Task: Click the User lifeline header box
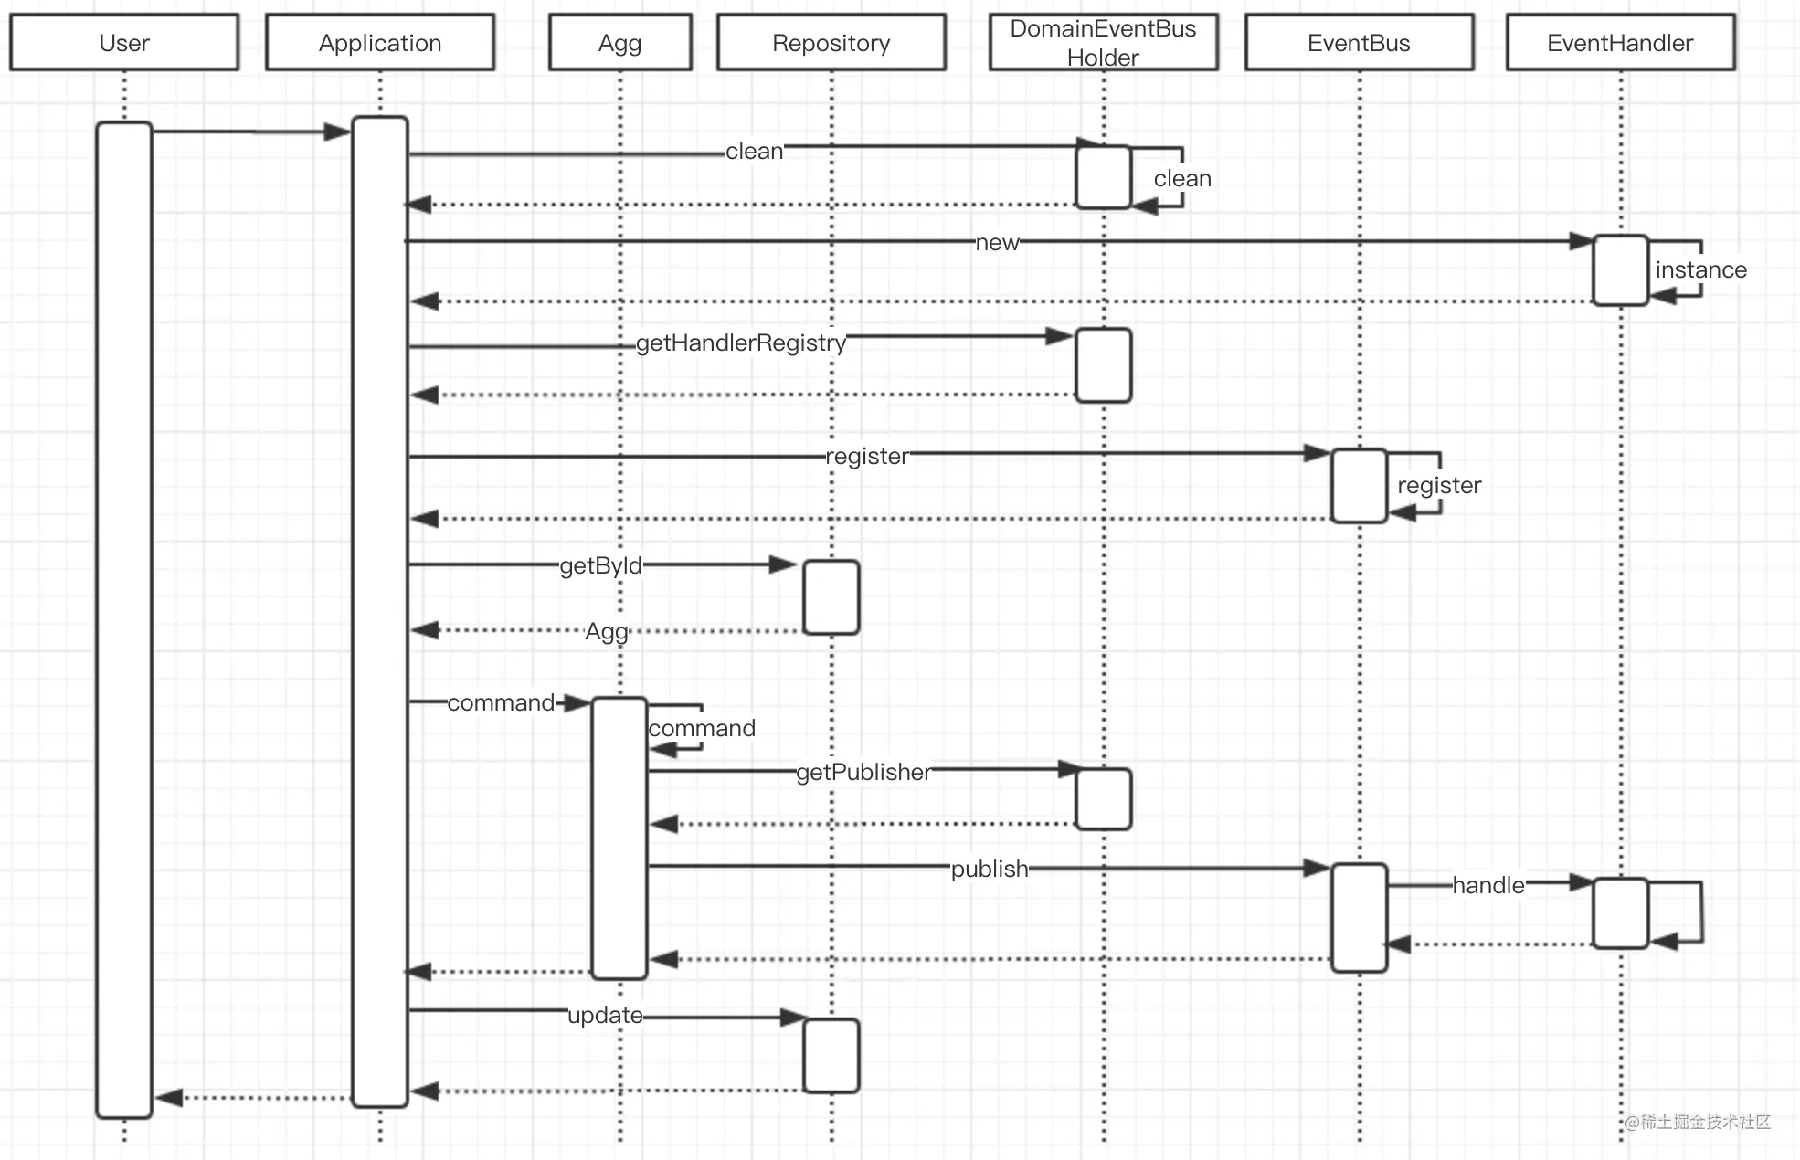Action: [x=124, y=42]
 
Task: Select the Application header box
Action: [x=380, y=42]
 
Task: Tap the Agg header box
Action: [x=620, y=42]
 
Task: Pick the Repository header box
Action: [x=831, y=42]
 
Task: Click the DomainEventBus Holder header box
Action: [x=1104, y=42]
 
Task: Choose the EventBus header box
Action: [x=1360, y=42]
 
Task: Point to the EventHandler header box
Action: [x=1621, y=42]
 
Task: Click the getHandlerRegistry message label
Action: [x=741, y=343]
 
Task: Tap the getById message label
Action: [x=600, y=565]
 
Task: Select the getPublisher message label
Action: [x=863, y=772]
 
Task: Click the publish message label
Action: [x=990, y=869]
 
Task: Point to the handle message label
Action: [x=1488, y=885]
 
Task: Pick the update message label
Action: [x=605, y=1015]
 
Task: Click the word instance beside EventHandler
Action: [x=1701, y=269]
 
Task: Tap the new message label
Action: [x=997, y=242]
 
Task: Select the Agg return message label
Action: [x=607, y=631]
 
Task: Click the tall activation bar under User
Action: [x=124, y=619]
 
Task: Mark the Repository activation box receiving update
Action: [x=831, y=1056]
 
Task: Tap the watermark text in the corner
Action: [x=1698, y=1122]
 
